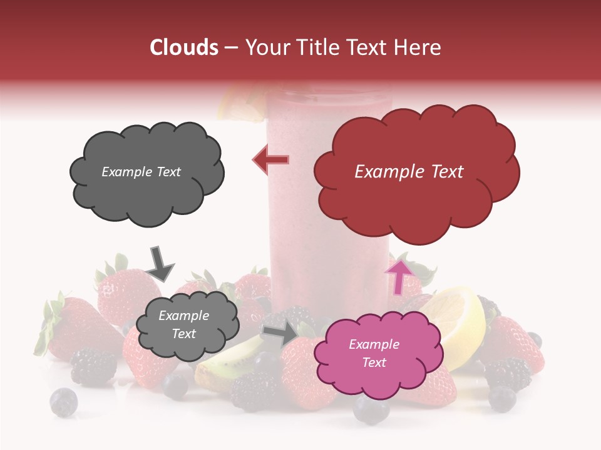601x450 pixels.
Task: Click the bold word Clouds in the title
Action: tap(183, 47)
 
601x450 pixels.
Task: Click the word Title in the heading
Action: tap(321, 47)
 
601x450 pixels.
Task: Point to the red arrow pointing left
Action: tap(271, 160)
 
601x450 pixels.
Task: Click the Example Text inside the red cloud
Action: tap(409, 172)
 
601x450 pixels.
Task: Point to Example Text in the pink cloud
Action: tap(374, 353)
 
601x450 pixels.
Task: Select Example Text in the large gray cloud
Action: tap(141, 172)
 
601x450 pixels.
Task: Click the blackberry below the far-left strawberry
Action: tap(93, 366)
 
